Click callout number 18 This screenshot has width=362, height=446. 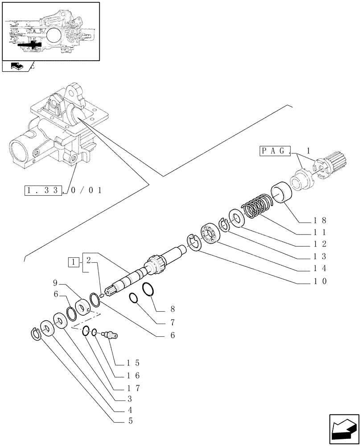(x=320, y=220)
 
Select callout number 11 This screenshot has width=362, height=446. (x=320, y=232)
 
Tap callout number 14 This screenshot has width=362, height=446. (x=320, y=268)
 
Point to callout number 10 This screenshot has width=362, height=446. (x=320, y=281)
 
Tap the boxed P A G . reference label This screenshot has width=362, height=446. (x=275, y=152)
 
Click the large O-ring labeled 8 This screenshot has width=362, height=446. (x=149, y=289)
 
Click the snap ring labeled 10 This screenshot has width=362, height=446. (x=193, y=244)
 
